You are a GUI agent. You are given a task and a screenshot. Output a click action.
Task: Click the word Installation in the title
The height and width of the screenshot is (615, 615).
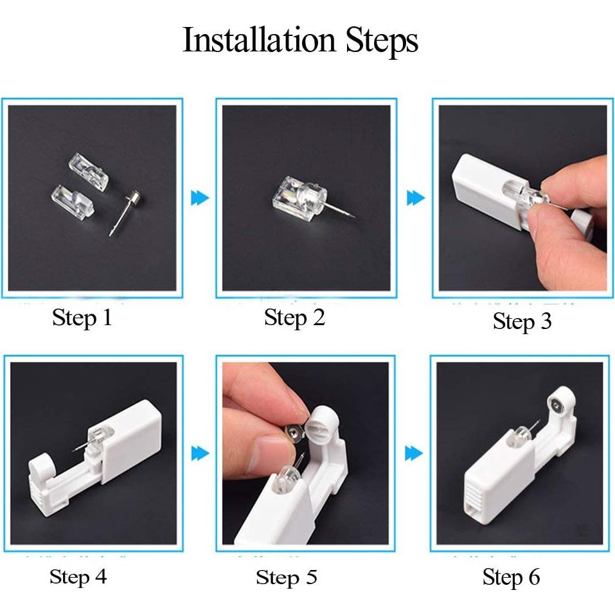coord(259,40)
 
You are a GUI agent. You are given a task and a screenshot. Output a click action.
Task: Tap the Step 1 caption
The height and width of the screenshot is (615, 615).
coord(82,317)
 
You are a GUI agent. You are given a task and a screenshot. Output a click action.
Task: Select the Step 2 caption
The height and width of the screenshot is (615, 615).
coord(294,317)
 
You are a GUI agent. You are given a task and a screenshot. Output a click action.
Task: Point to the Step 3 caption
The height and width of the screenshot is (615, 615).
coord(522,321)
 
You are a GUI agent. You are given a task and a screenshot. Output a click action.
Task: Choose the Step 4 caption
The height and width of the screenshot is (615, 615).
coord(78,577)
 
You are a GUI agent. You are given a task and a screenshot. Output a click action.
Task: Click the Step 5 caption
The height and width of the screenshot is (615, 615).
coord(287,578)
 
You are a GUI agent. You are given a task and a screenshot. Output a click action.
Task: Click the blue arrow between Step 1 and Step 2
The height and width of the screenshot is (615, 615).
coord(200,198)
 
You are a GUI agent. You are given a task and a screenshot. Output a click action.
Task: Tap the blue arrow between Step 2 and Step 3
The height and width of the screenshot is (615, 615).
coord(416,198)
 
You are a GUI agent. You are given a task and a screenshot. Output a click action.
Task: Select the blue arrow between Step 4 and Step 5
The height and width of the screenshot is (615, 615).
coord(200,454)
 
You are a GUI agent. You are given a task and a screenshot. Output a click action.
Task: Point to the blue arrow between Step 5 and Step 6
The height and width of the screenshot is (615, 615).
coord(414,454)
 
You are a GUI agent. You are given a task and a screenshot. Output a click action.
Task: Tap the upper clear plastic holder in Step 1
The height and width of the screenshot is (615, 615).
coord(89,172)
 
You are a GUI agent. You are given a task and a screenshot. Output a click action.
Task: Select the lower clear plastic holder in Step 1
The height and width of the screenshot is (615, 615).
coord(73,200)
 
